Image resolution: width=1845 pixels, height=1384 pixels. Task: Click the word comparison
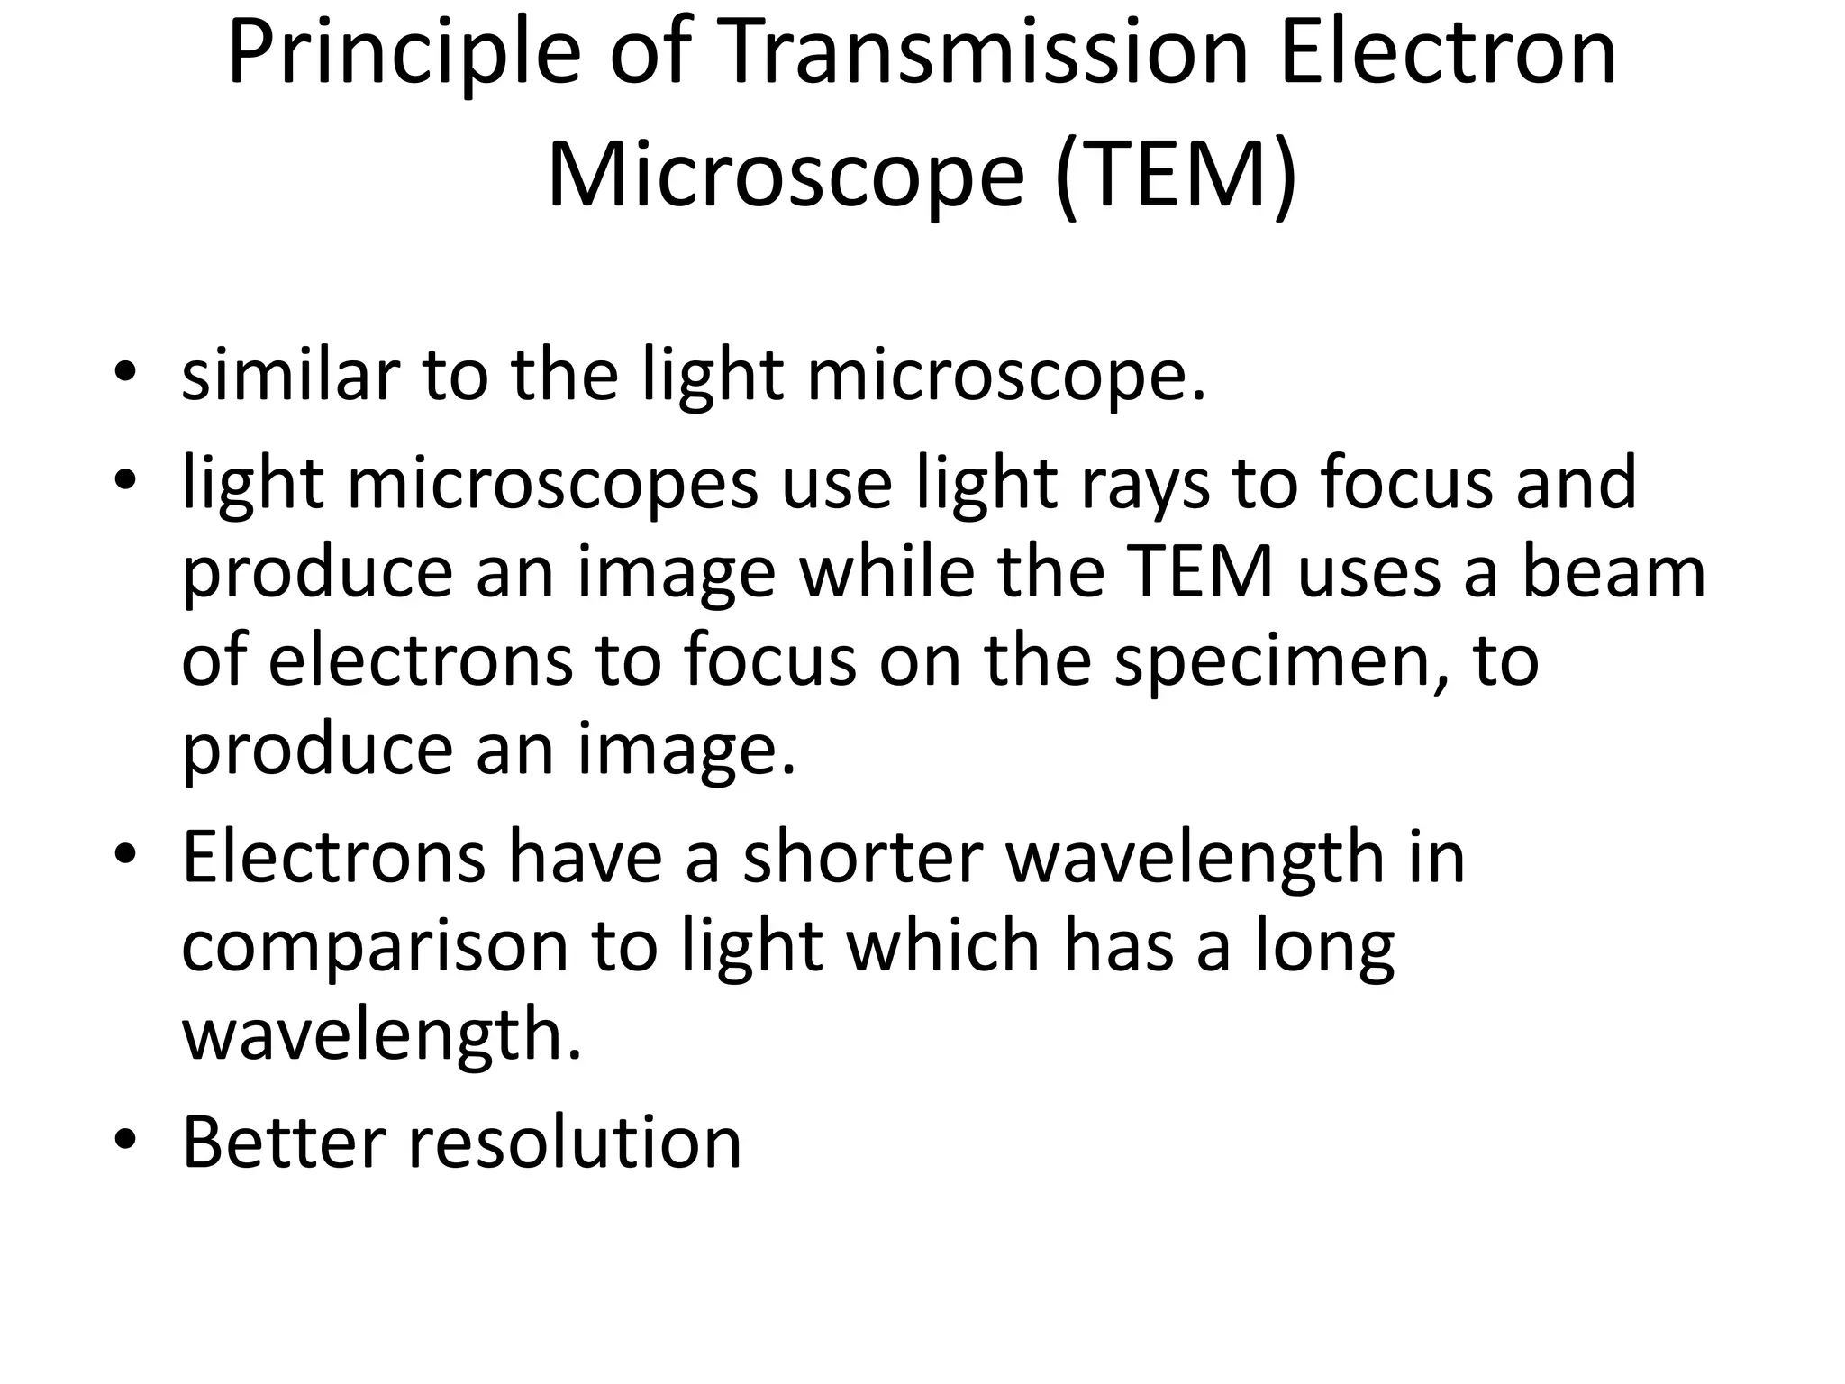click(376, 948)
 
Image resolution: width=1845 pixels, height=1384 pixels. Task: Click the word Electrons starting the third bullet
click(333, 857)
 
